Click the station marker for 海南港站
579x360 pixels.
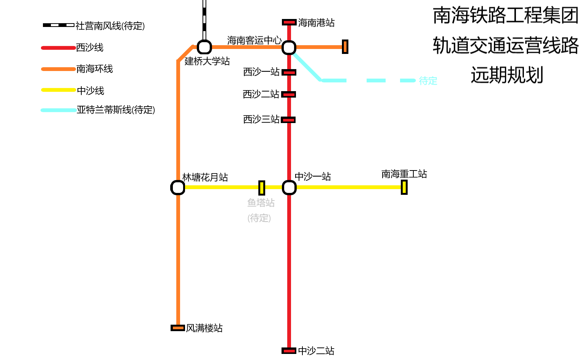pos(289,22)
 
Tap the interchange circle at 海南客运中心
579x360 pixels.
pos(289,47)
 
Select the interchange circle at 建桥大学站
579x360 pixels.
pos(204,47)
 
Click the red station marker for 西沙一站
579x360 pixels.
pos(289,72)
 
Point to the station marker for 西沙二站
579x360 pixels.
pos(289,94)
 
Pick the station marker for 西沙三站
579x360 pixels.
pos(288,120)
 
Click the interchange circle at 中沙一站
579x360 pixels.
pos(289,187)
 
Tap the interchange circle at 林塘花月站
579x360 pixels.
pos(178,188)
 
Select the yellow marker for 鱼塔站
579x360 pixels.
pos(262,188)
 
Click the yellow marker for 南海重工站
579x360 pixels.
pos(404,187)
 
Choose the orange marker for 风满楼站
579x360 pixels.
pos(178,328)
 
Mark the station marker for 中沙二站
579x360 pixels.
pos(289,351)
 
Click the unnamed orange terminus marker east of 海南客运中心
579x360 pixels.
pos(345,47)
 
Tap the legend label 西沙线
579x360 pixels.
pos(90,48)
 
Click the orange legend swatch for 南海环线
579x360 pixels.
pos(58,69)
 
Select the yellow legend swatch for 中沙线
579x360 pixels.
pos(58,90)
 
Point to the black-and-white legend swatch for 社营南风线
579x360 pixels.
pos(59,25)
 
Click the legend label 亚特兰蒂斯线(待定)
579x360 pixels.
pos(116,110)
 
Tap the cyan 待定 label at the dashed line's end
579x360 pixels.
pos(428,81)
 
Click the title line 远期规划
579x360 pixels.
pos(507,75)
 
